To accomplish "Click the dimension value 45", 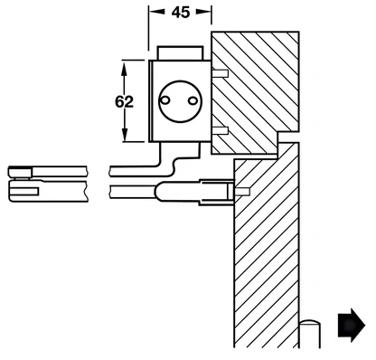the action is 181,13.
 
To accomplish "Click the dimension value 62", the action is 124,101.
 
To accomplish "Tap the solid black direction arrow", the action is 352,325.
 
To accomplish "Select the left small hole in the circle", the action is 164,100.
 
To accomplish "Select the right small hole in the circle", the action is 193,100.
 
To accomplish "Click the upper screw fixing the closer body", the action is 220,73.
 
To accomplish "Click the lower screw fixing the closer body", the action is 220,130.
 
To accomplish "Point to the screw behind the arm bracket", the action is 242,192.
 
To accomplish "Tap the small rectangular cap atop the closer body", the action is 181,53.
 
